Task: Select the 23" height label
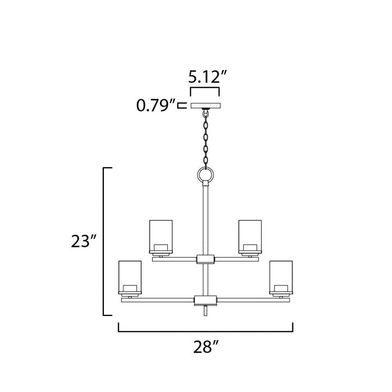[83, 241]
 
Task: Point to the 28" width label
[206, 347]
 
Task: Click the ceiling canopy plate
[206, 105]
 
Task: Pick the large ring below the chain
[205, 175]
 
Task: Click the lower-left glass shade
[130, 277]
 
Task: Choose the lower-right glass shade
[281, 277]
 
